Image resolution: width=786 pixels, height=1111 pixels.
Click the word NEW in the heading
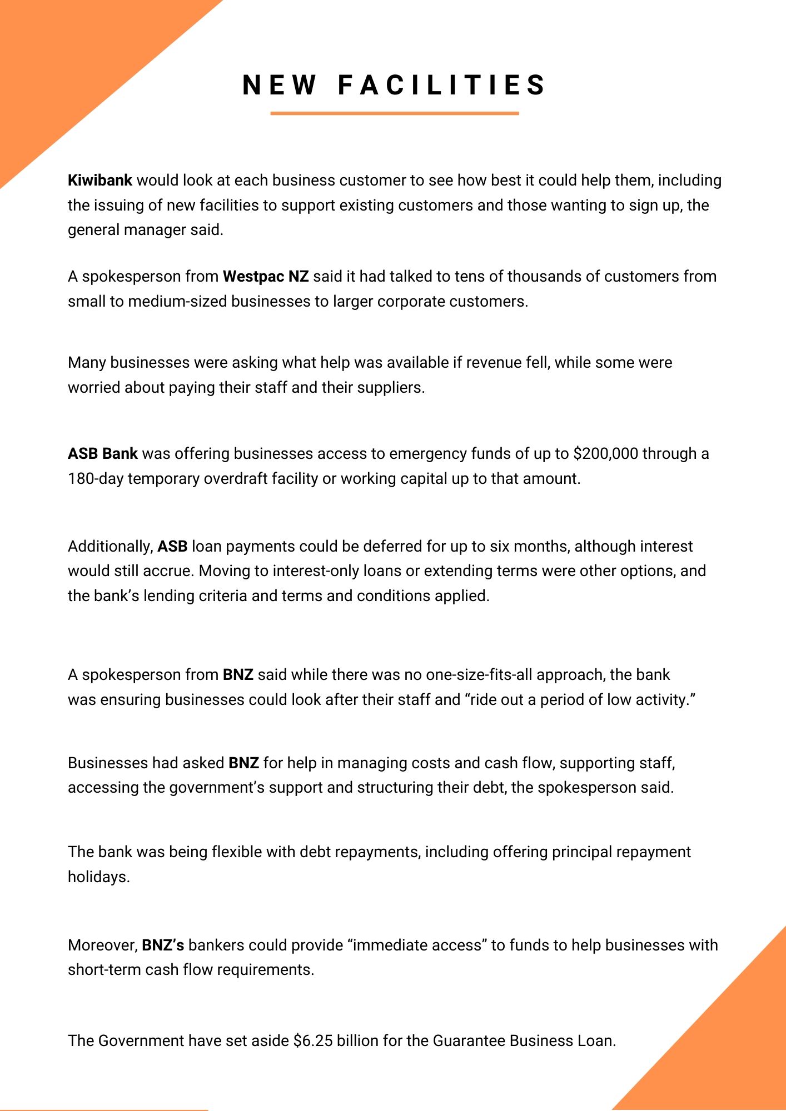279,86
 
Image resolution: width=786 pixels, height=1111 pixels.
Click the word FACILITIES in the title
442,86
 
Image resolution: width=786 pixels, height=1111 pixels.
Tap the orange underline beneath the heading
395,113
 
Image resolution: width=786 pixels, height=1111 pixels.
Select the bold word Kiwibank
100,181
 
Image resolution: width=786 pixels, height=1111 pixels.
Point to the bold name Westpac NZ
266,277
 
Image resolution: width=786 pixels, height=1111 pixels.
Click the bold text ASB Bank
103,454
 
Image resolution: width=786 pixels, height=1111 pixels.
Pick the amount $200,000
606,454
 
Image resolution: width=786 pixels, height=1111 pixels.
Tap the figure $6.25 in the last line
313,1040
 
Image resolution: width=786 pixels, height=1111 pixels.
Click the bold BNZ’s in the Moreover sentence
163,945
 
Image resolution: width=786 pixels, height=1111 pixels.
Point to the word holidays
98,877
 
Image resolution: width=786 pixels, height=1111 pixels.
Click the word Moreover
102,945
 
